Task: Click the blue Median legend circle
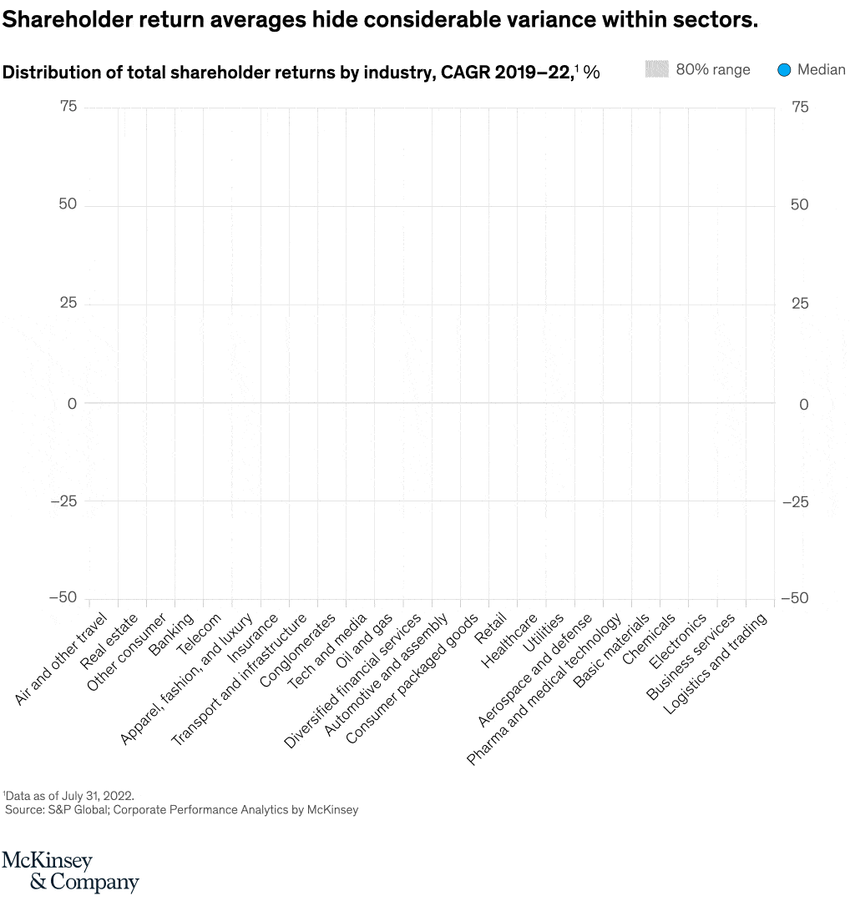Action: [783, 70]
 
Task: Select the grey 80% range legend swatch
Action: [657, 70]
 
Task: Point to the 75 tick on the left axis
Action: [68, 107]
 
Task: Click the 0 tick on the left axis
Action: [72, 404]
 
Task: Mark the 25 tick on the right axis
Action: [799, 304]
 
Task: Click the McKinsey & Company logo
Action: [70, 871]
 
